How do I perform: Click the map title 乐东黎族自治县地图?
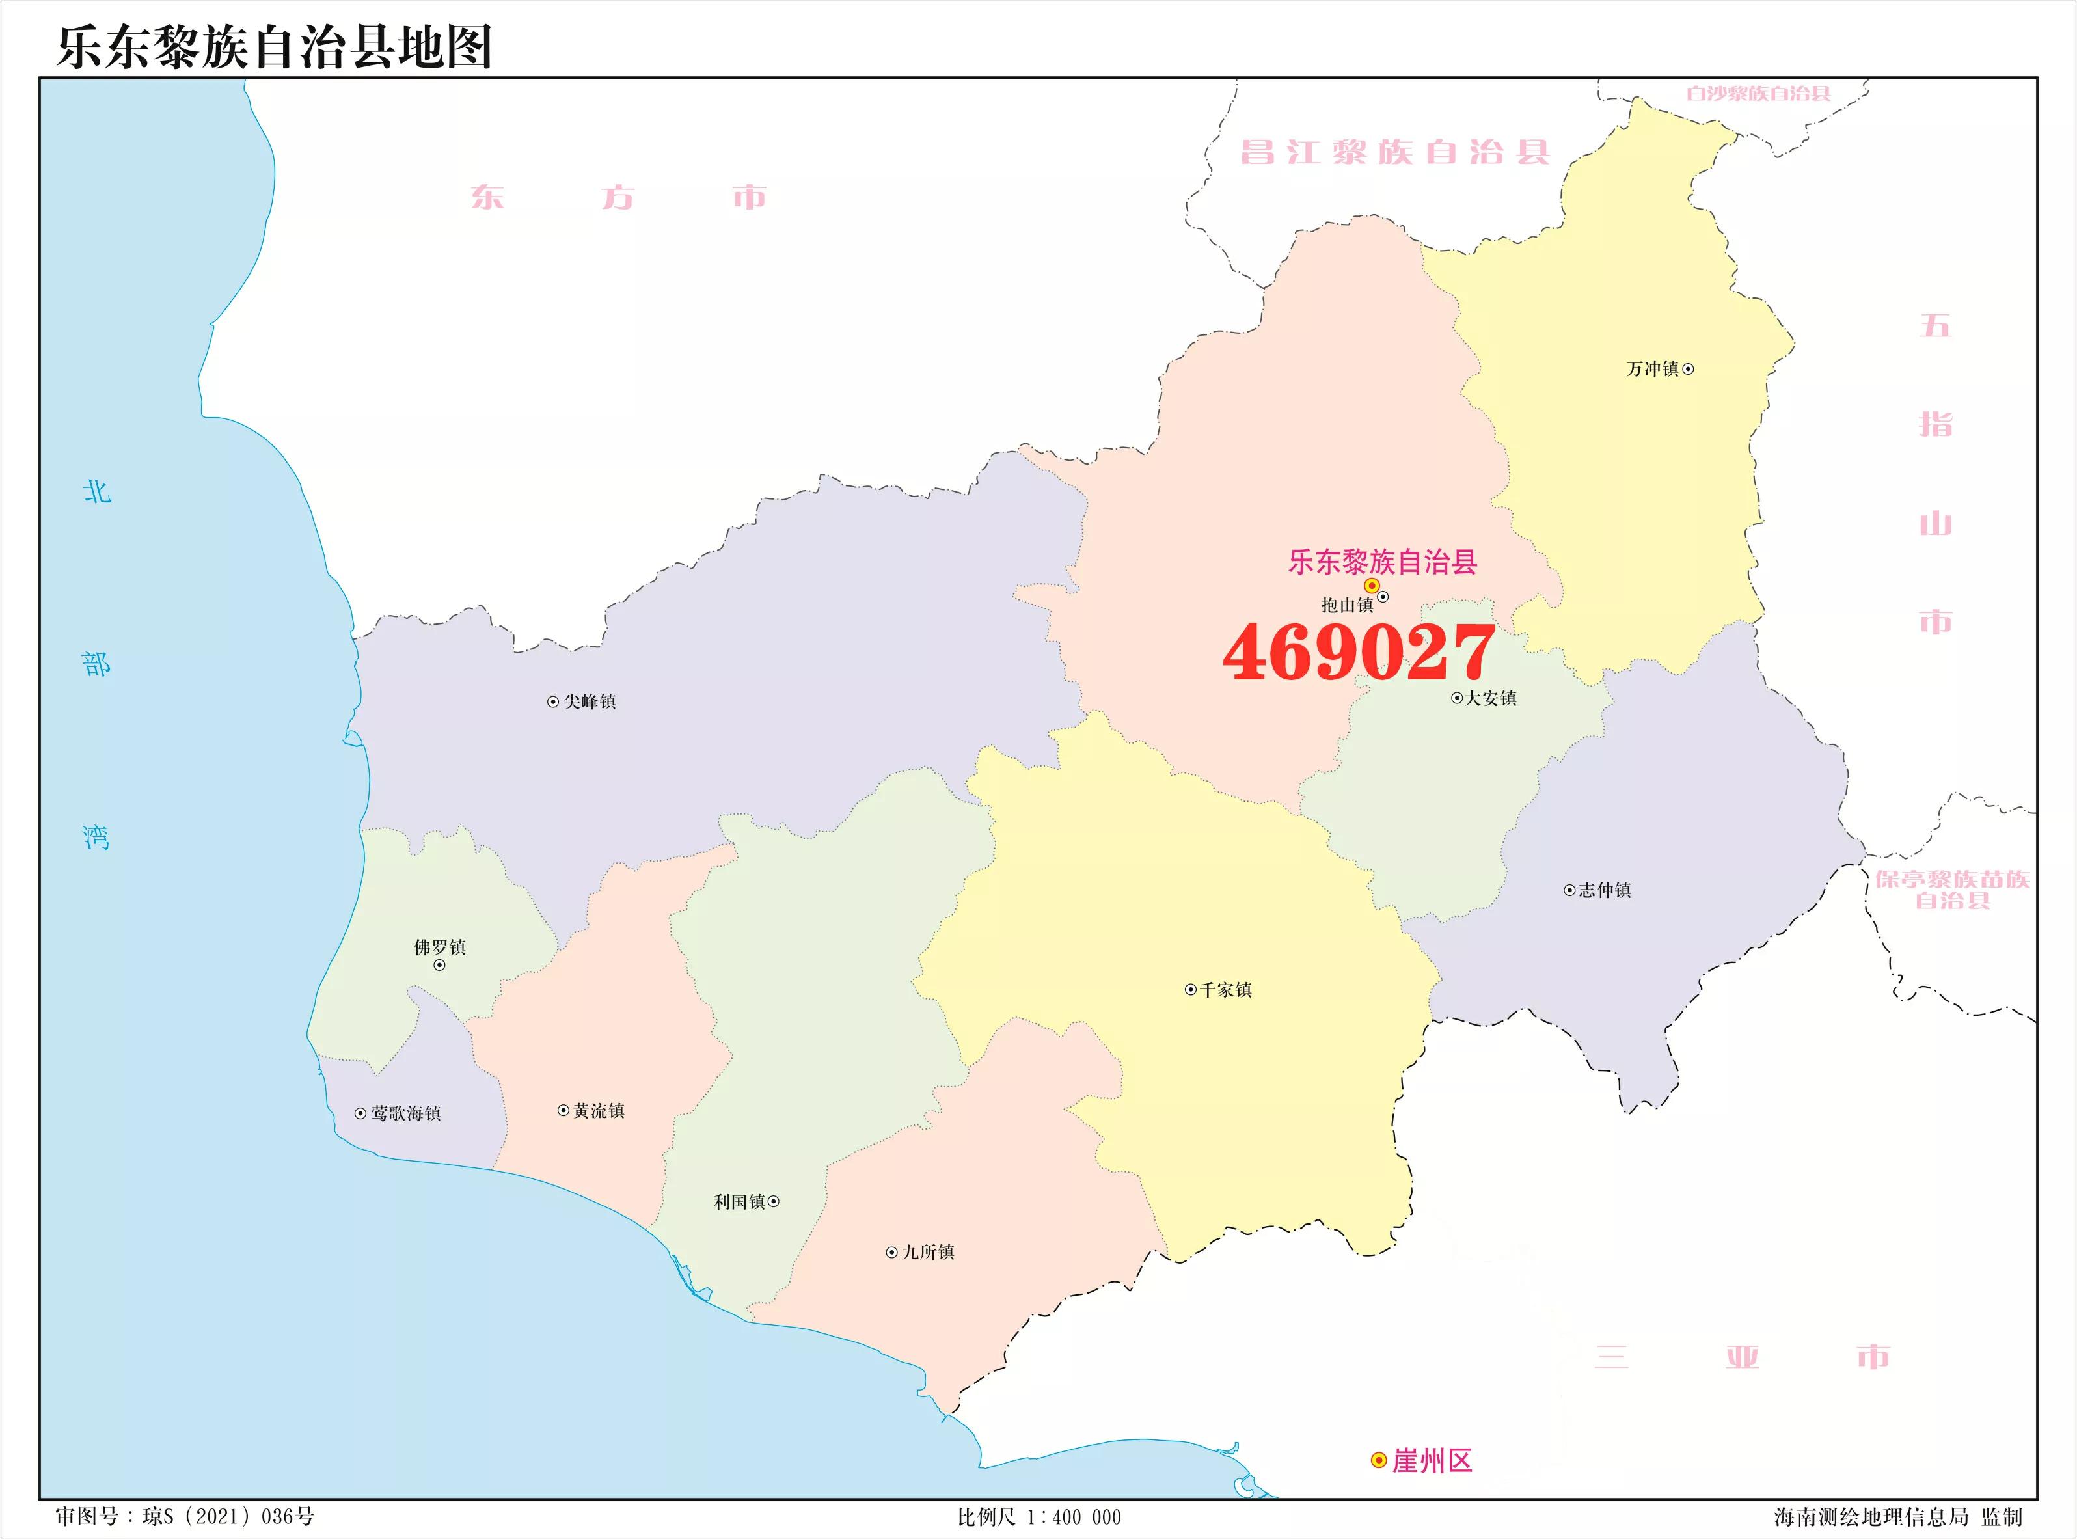pos(275,47)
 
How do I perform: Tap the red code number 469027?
pos(1359,652)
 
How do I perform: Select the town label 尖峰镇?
pos(590,701)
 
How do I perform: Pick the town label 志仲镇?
pos(1605,890)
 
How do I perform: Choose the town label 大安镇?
pos(1490,698)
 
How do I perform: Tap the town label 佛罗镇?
pos(440,947)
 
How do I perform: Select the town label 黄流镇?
pos(599,1110)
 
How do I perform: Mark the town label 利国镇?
pos(740,1202)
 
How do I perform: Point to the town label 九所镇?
pos(929,1252)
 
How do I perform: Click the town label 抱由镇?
pos(1347,605)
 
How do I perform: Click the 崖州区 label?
pos(1432,1461)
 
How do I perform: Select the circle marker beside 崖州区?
pos(1378,1461)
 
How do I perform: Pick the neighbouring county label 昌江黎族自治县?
pos(1394,152)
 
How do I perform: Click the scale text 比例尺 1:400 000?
pos(1039,1518)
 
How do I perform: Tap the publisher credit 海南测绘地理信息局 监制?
pos(1898,1518)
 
